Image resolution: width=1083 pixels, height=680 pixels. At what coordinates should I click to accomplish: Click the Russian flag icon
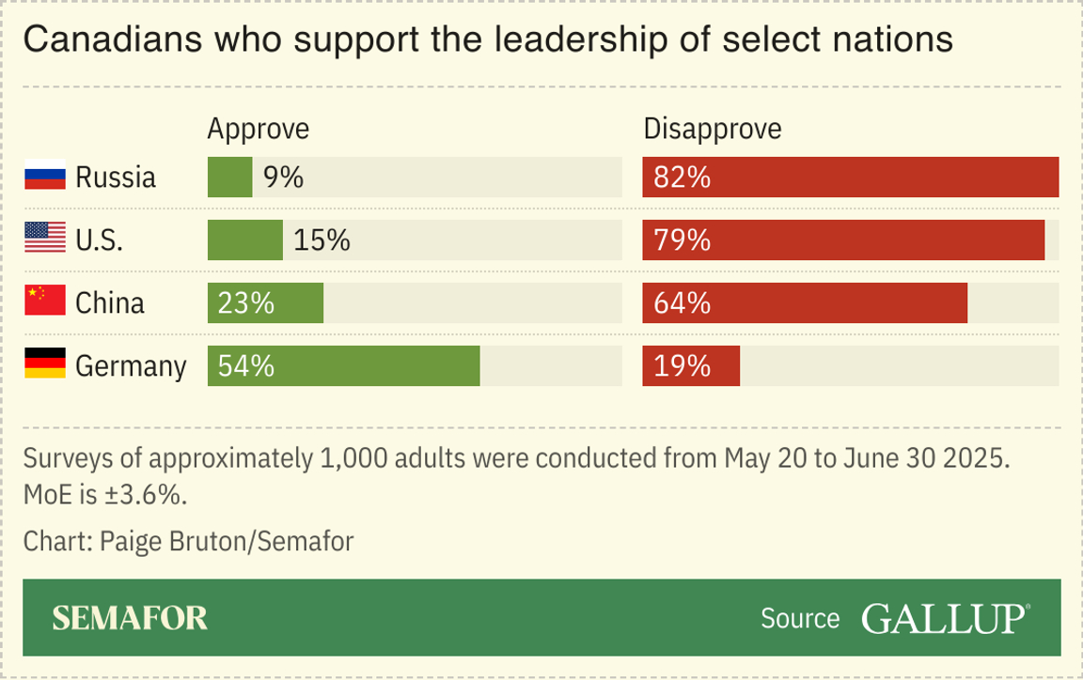coord(45,178)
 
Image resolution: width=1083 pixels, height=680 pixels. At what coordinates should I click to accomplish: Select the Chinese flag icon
coord(45,302)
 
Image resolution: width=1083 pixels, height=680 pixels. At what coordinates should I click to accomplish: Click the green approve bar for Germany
coord(344,365)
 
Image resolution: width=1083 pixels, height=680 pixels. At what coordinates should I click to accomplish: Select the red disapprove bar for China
coord(805,302)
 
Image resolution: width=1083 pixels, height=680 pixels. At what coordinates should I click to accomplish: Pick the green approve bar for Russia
coord(229,178)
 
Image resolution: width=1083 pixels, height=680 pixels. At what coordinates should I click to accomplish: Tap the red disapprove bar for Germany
coord(691,365)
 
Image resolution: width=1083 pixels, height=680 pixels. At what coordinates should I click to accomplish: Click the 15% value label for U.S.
coord(322,240)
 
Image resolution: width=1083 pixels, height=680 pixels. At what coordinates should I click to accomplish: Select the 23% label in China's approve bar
coord(246,302)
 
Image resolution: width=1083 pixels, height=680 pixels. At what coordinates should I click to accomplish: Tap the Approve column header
coord(258,129)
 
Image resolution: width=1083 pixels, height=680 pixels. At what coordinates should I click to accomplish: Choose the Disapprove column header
coord(712,129)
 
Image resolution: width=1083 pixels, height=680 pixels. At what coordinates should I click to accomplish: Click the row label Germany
coord(131,365)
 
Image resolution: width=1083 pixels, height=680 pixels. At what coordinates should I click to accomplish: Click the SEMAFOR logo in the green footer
coord(130,618)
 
